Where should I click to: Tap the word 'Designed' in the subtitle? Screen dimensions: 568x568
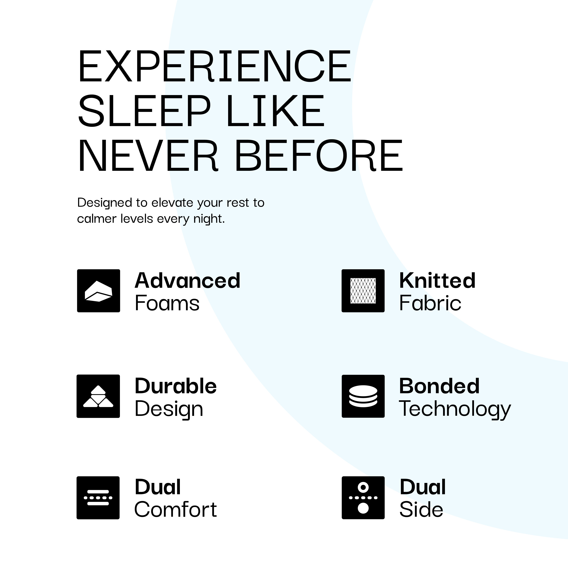point(104,203)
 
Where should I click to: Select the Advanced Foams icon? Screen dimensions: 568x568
point(98,291)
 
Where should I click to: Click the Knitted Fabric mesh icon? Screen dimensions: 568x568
point(363,291)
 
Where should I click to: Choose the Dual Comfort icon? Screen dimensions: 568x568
point(98,498)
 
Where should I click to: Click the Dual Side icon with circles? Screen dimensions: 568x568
point(363,498)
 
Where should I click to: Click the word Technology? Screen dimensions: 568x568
point(455,409)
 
